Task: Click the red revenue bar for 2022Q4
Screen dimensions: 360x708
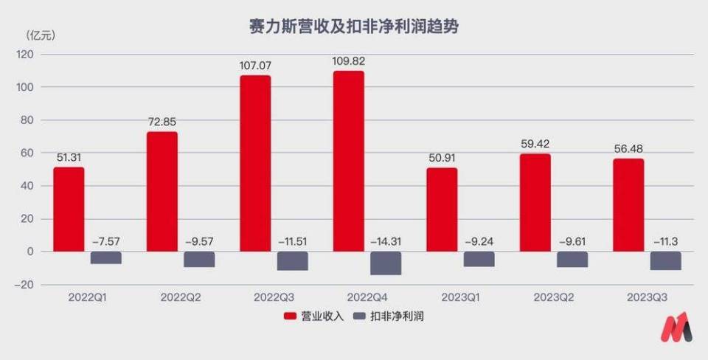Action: tap(349, 161)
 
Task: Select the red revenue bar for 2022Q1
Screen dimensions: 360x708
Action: tap(69, 209)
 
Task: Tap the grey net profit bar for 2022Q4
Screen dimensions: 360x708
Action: tap(386, 263)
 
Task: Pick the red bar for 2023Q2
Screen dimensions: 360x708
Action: tap(535, 202)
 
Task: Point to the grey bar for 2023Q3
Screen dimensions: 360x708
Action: tap(665, 260)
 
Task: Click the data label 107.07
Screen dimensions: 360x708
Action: tap(255, 65)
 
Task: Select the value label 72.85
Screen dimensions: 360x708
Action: tap(162, 122)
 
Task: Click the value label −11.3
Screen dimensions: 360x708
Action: tap(666, 240)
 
